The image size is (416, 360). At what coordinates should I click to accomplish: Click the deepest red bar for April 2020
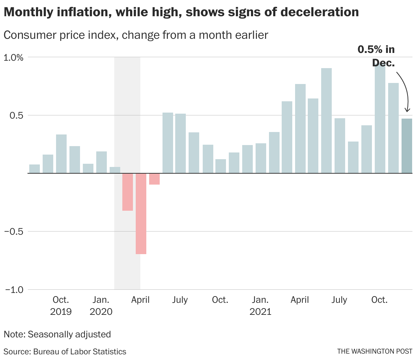click(141, 214)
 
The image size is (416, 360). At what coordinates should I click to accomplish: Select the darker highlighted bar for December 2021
click(407, 146)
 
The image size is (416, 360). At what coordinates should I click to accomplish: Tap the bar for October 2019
click(61, 154)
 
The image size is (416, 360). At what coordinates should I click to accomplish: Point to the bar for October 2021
click(380, 118)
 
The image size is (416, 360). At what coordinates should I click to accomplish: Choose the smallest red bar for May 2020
click(154, 179)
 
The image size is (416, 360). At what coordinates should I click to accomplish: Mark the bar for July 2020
click(181, 143)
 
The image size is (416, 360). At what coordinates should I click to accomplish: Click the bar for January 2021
click(261, 158)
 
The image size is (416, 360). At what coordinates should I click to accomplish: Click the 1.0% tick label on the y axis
click(13, 57)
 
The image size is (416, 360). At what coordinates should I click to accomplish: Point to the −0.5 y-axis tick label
click(14, 232)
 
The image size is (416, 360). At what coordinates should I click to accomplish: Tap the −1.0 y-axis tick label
click(14, 290)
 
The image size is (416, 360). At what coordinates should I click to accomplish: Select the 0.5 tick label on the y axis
click(16, 115)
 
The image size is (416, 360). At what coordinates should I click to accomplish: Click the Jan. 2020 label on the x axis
click(101, 306)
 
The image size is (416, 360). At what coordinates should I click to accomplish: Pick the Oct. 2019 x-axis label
click(61, 306)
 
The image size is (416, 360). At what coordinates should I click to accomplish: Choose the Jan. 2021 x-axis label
click(261, 306)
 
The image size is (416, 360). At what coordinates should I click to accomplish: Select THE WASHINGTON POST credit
click(374, 351)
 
